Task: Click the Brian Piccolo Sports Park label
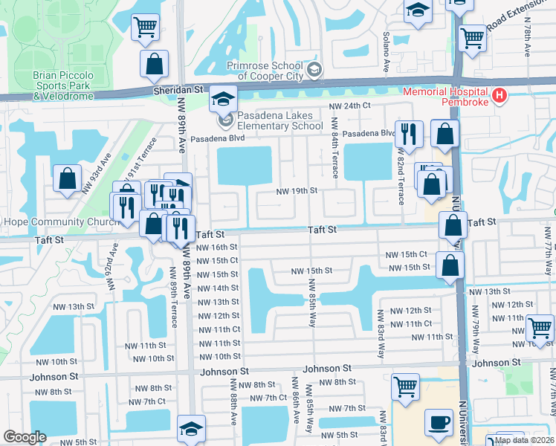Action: [x=63, y=85]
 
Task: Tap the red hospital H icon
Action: [x=500, y=96]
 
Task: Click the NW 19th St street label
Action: [x=297, y=191]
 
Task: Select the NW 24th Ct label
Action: [x=350, y=106]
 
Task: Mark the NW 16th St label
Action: [x=218, y=247]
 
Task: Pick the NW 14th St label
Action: [x=218, y=288]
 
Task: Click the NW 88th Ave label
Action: [x=233, y=402]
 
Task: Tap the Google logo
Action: [x=25, y=437]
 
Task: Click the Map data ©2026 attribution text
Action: [x=523, y=440]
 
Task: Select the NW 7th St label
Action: [x=346, y=409]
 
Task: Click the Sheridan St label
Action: [x=179, y=89]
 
